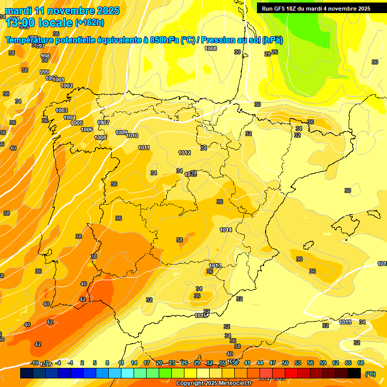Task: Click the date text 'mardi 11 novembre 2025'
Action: [x=62, y=11]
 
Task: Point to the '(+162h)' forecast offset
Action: [x=90, y=23]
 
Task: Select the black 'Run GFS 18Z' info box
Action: [x=315, y=8]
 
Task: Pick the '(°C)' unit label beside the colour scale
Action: [x=370, y=373]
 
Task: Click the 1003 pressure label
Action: [x=61, y=110]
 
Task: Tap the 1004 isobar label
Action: [x=70, y=117]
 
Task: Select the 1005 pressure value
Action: [x=77, y=123]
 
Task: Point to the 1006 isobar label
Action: [x=87, y=130]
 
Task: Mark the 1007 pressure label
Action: [x=103, y=122]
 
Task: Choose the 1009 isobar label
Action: [x=121, y=133]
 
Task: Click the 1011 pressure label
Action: [x=144, y=148]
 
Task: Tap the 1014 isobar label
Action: [x=226, y=230]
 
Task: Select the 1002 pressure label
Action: [x=67, y=86]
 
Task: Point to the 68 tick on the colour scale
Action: [x=361, y=363]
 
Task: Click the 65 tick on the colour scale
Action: [x=348, y=363]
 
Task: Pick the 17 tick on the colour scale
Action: [x=147, y=363]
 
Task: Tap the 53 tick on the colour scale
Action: [x=298, y=363]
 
